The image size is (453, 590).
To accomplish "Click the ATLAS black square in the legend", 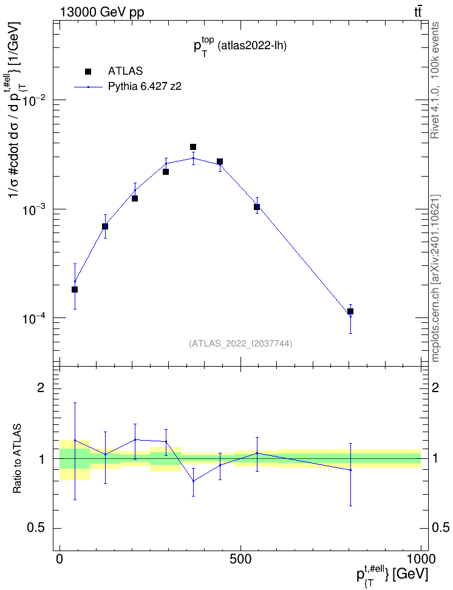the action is click(88, 72).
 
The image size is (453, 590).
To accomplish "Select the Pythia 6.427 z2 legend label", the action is click(145, 87).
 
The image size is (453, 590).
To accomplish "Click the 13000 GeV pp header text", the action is click(102, 12).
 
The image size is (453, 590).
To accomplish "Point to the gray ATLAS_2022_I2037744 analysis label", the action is click(240, 343).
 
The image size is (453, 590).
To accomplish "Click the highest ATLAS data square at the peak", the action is click(192, 147).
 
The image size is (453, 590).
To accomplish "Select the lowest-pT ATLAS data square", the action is click(75, 290).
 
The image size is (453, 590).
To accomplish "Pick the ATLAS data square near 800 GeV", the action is click(350, 311).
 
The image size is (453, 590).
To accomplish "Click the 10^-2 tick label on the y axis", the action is click(34, 101).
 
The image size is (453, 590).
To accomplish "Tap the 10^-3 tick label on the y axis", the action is click(34, 210).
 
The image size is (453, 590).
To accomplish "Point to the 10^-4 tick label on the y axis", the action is click(34, 319).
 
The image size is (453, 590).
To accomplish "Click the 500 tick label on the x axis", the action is click(240, 559).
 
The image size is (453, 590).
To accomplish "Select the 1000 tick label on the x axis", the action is click(420, 559).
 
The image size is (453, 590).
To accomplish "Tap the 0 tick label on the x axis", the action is click(60, 559).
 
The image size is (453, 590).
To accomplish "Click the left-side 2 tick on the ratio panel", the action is click(41, 387).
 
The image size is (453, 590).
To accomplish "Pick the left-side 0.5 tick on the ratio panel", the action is click(36, 528).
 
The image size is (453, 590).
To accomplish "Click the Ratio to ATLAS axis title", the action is click(17, 458).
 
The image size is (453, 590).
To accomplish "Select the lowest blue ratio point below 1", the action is click(193, 481).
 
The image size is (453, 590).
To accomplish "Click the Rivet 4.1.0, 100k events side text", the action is click(435, 80).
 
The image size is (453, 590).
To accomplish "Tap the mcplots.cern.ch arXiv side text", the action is click(435, 278).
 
